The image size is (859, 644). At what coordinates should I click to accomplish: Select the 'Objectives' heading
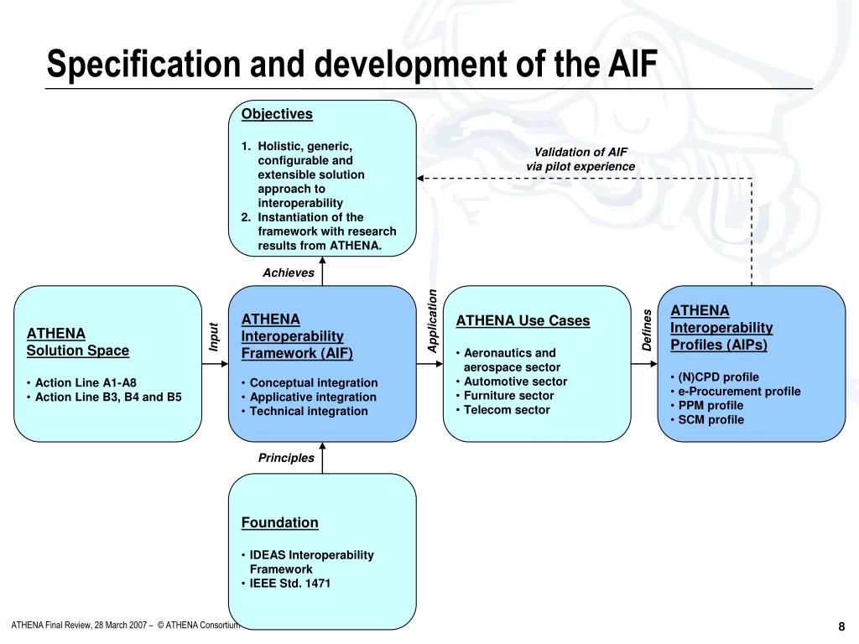coord(277,114)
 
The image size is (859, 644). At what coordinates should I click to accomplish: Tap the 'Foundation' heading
coord(280,522)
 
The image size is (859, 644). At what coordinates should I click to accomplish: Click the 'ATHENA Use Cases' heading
coord(523,320)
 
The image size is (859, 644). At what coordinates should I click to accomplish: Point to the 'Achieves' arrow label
coord(289,273)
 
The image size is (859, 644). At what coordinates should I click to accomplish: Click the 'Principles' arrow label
coord(286,458)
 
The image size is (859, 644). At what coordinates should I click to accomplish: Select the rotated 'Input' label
coord(214,336)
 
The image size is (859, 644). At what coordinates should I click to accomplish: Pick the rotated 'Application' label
coord(433,321)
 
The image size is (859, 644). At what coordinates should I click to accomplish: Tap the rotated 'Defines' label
coord(647,330)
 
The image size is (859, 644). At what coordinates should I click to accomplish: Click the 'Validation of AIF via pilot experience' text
coord(580,159)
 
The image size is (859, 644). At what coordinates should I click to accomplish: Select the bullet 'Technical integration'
coord(309,411)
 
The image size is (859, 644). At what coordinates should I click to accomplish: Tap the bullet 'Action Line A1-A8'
coord(86,382)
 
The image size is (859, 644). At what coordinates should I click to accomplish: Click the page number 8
coord(841,627)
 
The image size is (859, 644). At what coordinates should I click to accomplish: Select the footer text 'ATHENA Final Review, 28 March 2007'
coord(80,626)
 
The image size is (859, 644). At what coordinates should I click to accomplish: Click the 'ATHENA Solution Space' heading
coord(78,341)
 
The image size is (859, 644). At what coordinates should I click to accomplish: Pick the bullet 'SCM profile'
coord(711,420)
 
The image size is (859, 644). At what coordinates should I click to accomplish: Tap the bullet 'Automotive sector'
coord(515,382)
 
